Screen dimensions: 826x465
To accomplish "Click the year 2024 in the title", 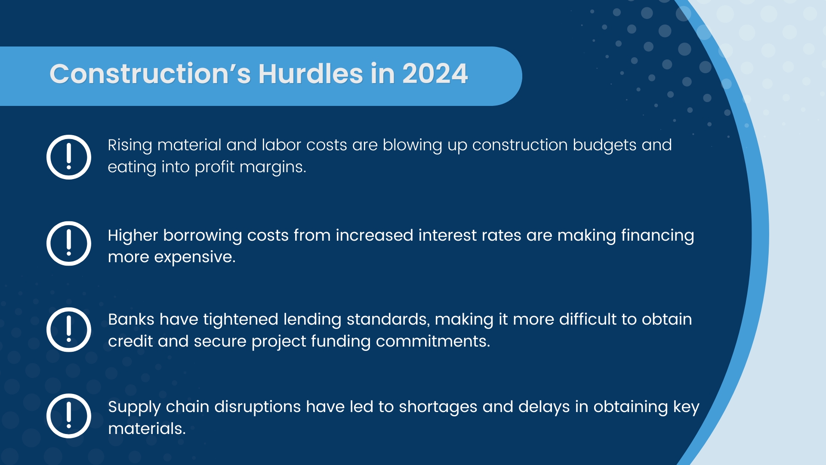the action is tap(435, 74).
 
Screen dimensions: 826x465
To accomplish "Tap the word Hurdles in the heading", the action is tap(311, 74).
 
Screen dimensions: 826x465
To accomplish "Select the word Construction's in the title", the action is tap(150, 74).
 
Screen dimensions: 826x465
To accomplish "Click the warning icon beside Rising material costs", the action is tap(69, 157).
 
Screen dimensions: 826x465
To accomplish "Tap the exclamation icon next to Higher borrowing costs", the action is tap(69, 244).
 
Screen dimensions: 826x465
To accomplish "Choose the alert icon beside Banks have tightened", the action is tap(69, 330).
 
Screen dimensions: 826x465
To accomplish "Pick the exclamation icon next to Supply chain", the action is tap(69, 416).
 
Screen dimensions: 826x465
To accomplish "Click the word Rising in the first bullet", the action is tap(130, 146).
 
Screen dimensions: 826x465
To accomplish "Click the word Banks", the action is tap(131, 319).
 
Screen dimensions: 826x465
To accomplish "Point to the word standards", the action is tap(388, 319).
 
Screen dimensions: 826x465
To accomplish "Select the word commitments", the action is tap(433, 341).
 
